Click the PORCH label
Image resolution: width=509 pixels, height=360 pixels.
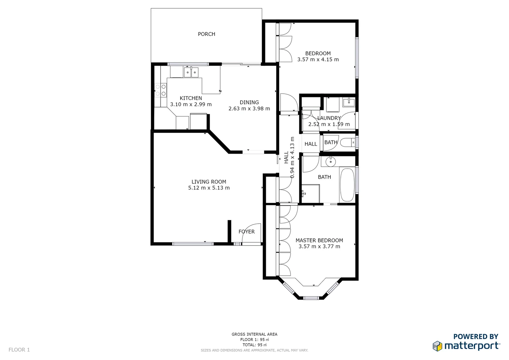206,34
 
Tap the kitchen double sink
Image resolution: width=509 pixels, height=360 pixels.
191,72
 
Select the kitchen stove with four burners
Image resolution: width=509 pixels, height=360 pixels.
161,90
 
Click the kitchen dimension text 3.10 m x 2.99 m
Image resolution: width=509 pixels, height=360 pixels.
191,104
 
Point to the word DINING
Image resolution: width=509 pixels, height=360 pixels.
249,102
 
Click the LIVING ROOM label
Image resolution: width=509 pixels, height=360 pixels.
209,182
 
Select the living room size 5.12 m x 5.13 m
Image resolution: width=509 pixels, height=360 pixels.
209,188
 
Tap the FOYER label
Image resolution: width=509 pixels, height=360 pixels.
246,232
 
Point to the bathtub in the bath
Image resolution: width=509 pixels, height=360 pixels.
347,185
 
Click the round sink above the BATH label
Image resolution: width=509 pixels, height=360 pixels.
330,162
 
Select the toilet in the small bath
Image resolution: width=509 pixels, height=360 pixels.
348,142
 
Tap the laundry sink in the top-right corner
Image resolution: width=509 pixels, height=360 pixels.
348,102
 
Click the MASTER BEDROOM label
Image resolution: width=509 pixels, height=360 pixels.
319,240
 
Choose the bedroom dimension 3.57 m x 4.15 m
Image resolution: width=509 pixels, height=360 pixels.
318,60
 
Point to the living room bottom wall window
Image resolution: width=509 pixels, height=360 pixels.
193,244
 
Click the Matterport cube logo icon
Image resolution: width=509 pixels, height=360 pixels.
437,346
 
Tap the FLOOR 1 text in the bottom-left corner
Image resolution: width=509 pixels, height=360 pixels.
19,350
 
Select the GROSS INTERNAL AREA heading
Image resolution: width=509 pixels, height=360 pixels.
254,334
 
